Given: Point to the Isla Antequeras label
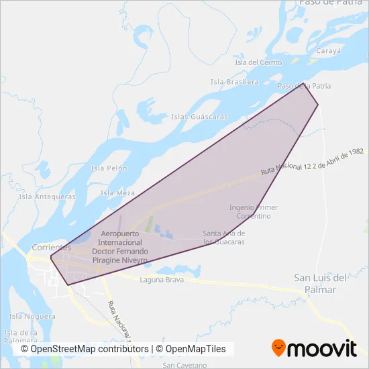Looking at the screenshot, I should (x=47, y=197).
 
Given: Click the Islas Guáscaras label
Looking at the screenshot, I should (x=199, y=116).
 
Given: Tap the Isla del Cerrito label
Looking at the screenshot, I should (x=258, y=62).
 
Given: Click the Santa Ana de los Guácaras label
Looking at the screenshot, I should (x=223, y=238).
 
